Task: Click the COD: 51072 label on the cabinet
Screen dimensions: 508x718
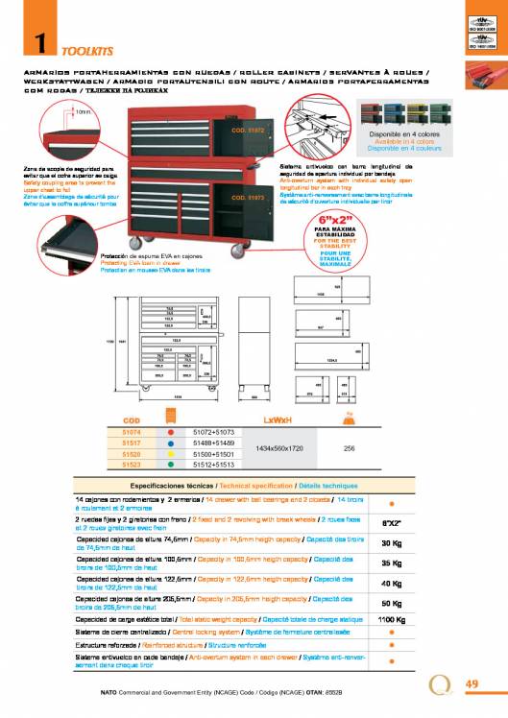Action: (x=247, y=127)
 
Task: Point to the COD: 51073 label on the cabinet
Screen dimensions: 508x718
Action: (x=247, y=198)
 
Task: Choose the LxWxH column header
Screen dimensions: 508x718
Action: (x=278, y=420)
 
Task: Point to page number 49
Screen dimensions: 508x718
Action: (x=472, y=683)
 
